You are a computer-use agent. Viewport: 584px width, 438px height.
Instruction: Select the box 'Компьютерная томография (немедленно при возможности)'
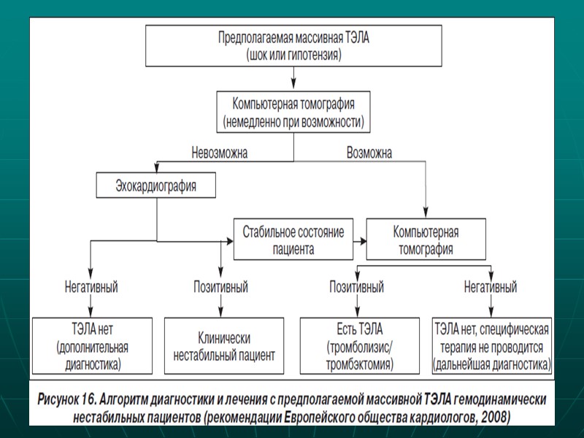tap(293, 111)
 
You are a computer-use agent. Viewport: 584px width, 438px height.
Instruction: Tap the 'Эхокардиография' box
tap(157, 185)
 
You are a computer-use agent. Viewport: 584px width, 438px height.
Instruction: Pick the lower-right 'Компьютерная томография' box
tap(426, 240)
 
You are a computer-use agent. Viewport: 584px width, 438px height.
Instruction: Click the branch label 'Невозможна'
tap(219, 153)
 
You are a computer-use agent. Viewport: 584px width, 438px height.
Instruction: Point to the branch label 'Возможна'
tap(369, 153)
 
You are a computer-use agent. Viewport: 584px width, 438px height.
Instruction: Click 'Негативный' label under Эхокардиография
tap(91, 287)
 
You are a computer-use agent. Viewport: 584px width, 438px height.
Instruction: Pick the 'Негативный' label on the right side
tap(491, 287)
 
